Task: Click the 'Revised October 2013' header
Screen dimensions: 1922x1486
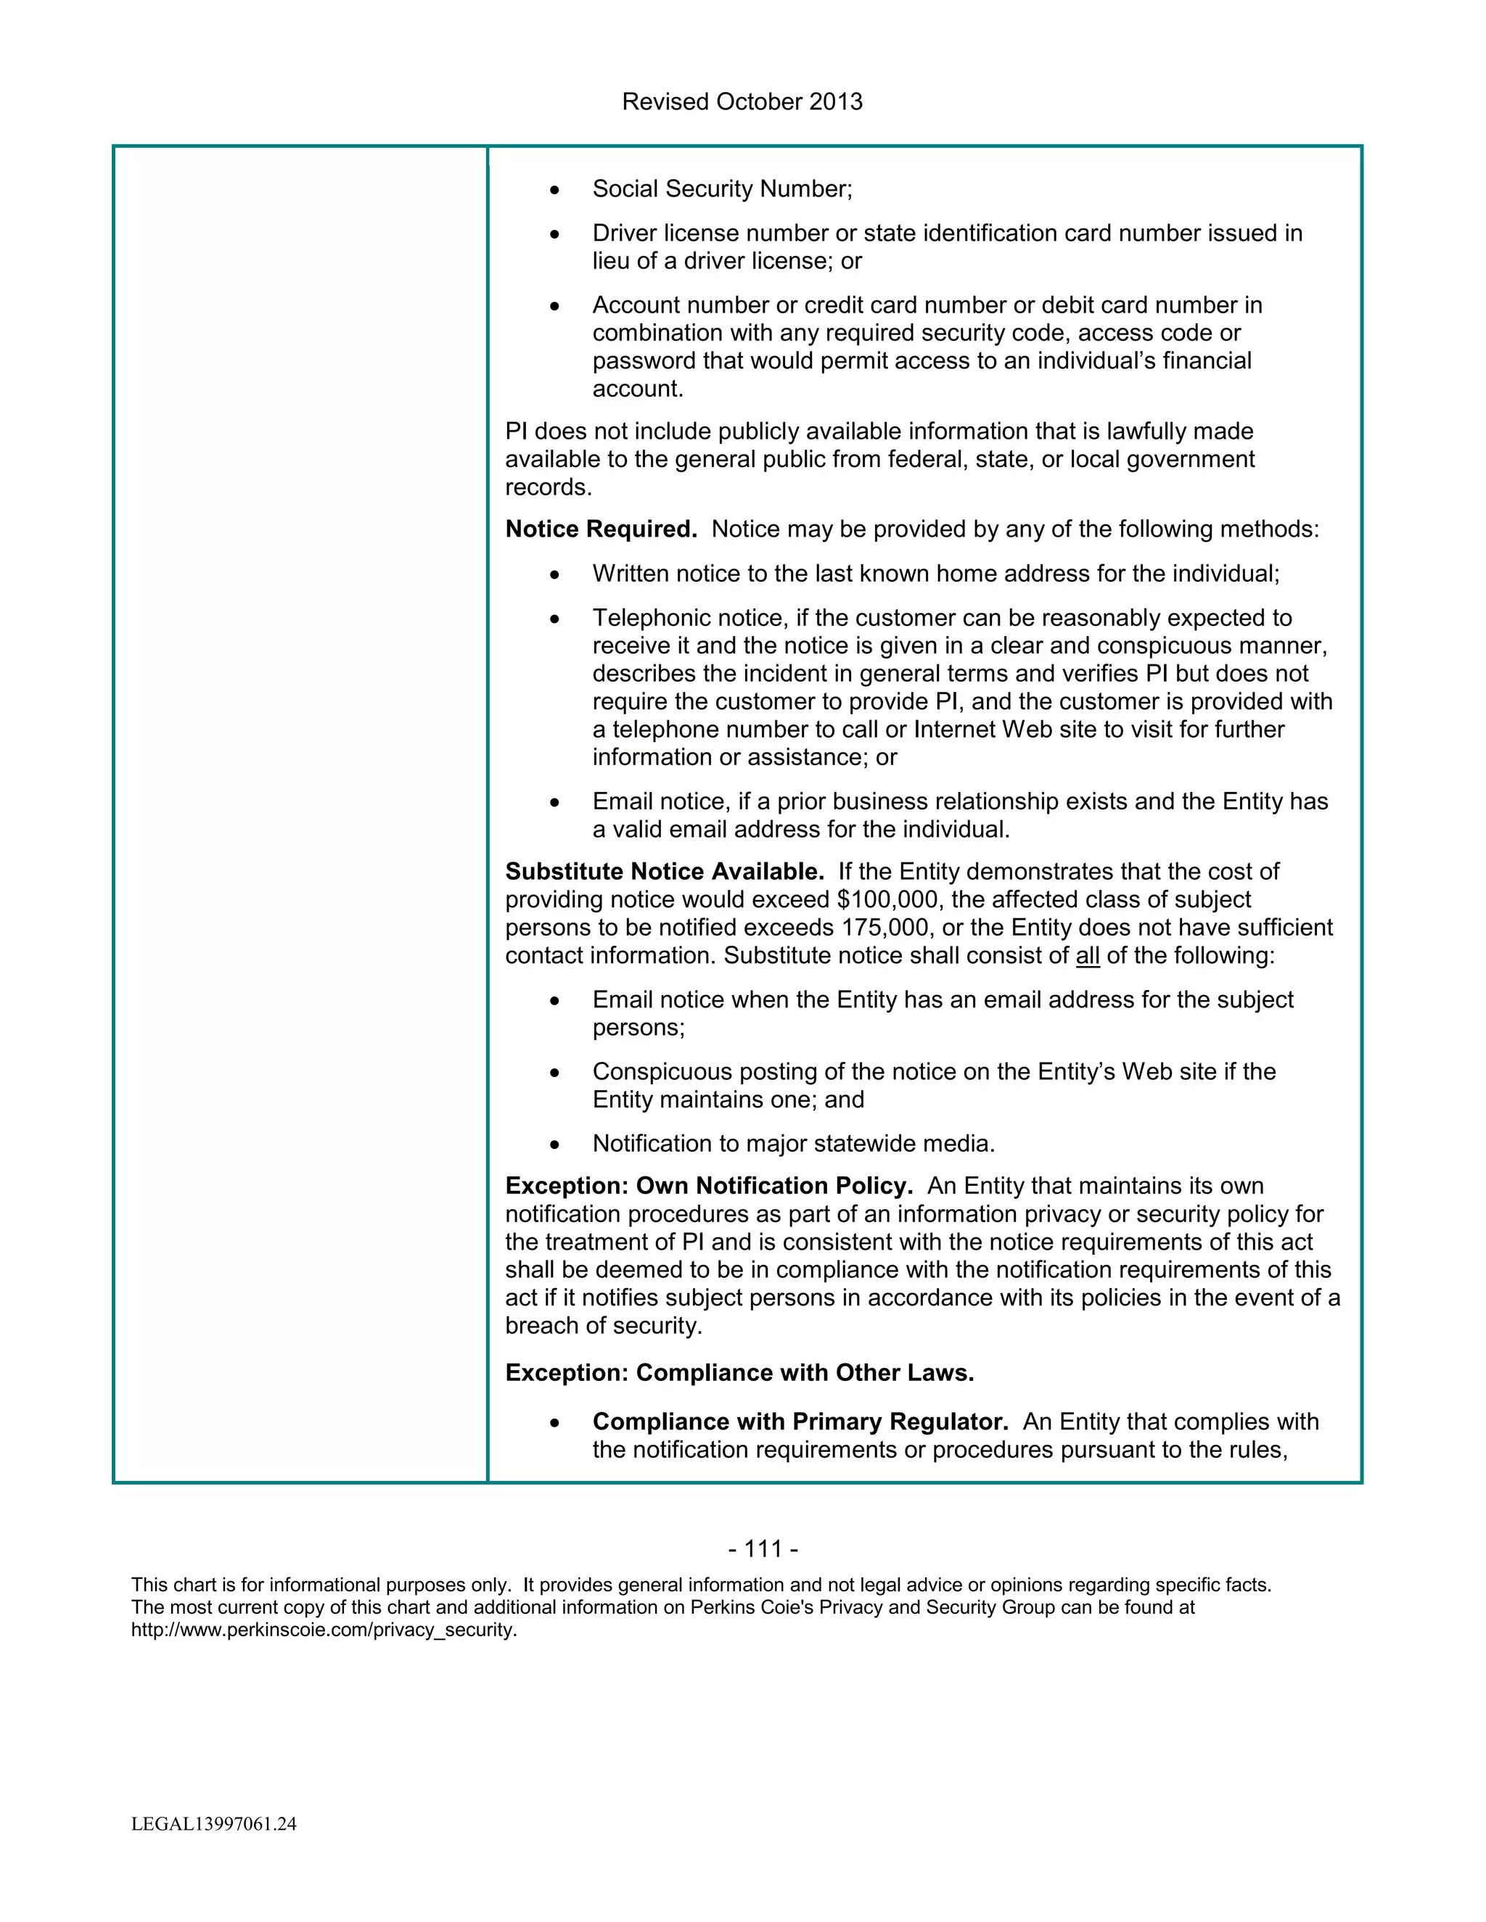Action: tap(742, 102)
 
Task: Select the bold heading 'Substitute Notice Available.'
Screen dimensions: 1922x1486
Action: tap(664, 871)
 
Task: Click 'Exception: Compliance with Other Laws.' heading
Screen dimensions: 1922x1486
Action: tap(739, 1373)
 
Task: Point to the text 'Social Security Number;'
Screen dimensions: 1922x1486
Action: tap(722, 189)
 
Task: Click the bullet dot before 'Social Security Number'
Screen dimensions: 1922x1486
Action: tap(554, 190)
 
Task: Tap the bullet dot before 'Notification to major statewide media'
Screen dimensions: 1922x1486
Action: tap(554, 1145)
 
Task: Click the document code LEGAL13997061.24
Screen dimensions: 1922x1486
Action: tap(214, 1823)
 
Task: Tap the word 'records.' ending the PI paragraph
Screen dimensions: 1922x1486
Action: tap(548, 487)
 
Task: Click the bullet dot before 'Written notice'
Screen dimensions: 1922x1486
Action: tap(554, 574)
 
